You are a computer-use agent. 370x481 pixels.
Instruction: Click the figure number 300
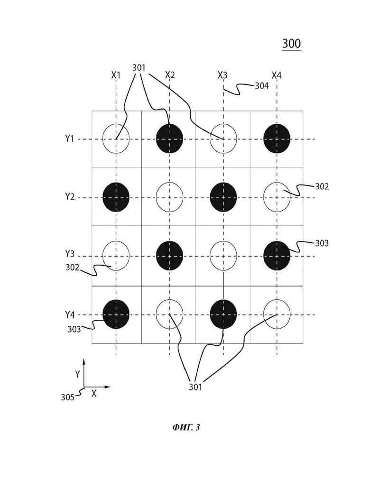pyautogui.click(x=291, y=44)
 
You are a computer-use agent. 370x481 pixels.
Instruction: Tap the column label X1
pyautogui.click(x=116, y=75)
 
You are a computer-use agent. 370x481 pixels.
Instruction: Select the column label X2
pyautogui.click(x=170, y=75)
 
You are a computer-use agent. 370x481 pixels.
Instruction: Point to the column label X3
pyautogui.click(x=222, y=75)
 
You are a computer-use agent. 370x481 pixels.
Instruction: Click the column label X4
pyautogui.click(x=277, y=75)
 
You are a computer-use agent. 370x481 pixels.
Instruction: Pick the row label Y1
pyautogui.click(x=70, y=139)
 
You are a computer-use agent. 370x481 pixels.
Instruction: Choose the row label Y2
pyautogui.click(x=70, y=196)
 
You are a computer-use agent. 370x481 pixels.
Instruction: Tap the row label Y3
pyautogui.click(x=70, y=254)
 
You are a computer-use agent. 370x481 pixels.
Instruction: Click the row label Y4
pyautogui.click(x=70, y=314)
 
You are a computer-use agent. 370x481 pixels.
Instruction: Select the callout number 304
pyautogui.click(x=262, y=86)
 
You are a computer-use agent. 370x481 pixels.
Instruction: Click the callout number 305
pyautogui.click(x=67, y=397)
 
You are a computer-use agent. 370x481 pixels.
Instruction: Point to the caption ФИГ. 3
pyautogui.click(x=186, y=427)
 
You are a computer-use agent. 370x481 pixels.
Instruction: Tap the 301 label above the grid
pyautogui.click(x=139, y=67)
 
